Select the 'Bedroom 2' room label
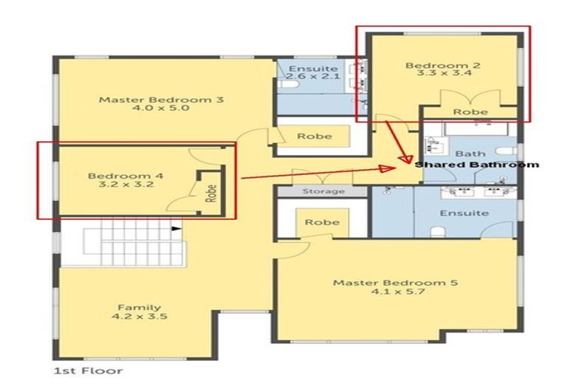[443, 66]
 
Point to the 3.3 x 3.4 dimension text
[443, 75]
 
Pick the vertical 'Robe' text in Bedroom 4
[211, 193]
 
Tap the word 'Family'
[140, 307]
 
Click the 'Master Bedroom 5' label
[395, 283]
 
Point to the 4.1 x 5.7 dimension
[395, 292]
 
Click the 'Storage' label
[323, 192]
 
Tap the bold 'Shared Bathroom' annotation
[476, 165]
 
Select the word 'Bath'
[470, 154]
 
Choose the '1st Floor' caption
[88, 370]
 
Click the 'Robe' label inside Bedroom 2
[470, 111]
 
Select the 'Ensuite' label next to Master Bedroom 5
[464, 213]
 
